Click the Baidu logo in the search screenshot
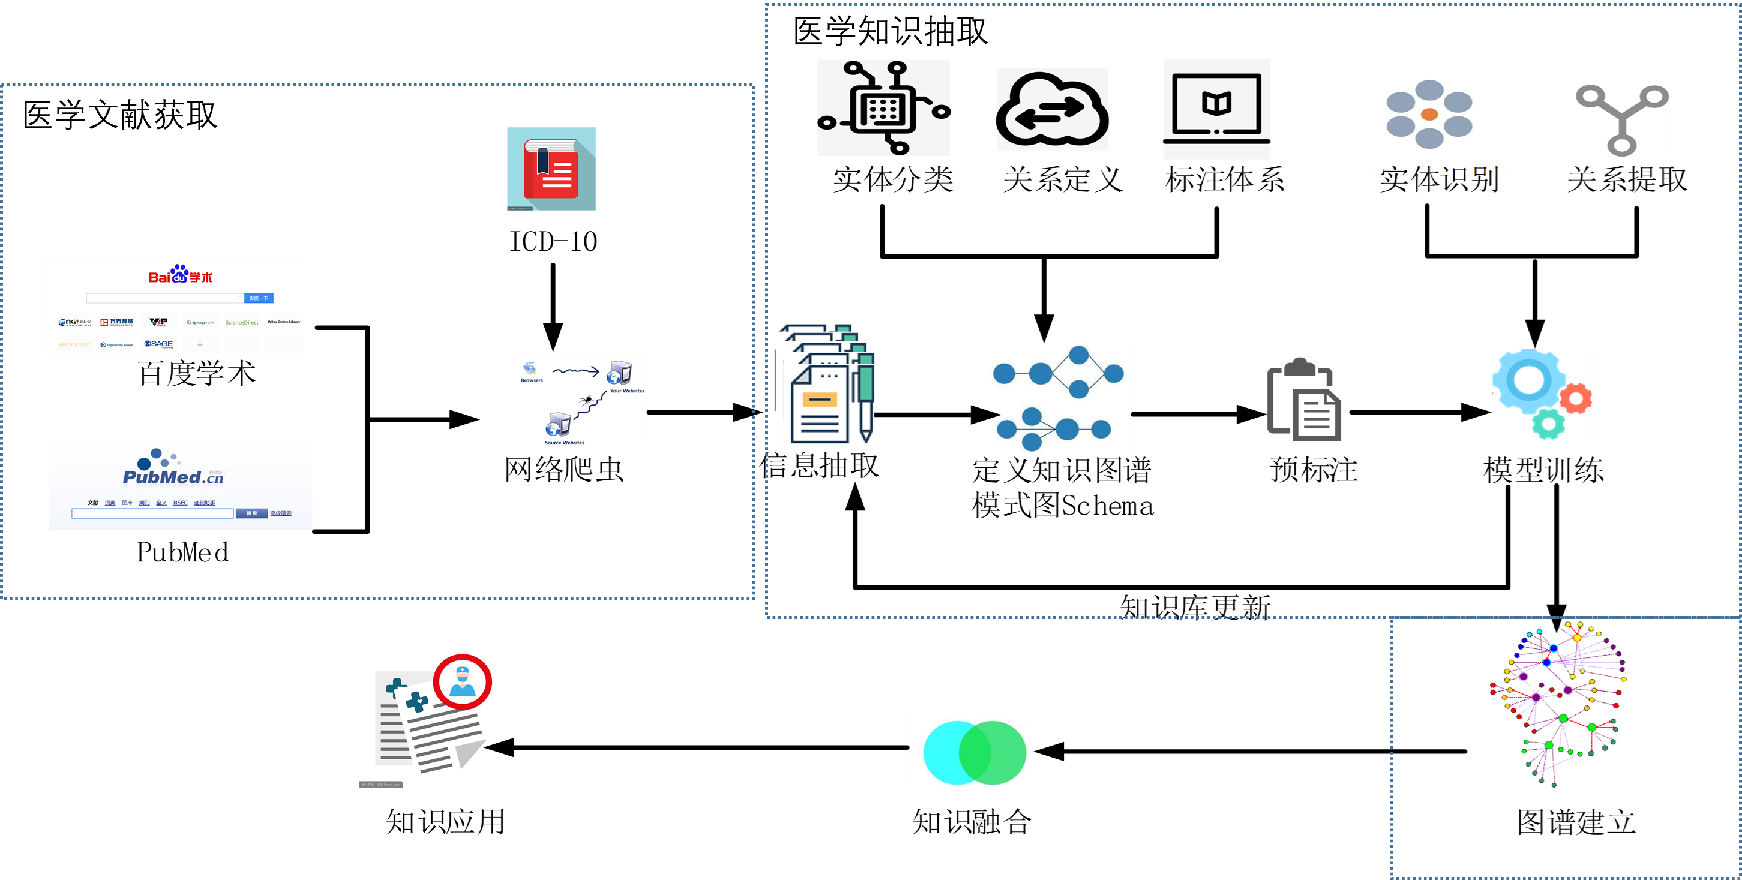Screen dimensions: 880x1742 pos(180,274)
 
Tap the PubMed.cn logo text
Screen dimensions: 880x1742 pos(173,476)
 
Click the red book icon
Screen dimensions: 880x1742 pos(551,169)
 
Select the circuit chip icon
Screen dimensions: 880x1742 pos(884,108)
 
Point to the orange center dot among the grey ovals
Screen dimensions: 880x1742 pos(1429,114)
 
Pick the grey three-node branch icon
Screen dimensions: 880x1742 pos(1621,119)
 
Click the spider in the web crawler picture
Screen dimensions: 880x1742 pos(586,401)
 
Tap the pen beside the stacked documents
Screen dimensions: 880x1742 pos(865,399)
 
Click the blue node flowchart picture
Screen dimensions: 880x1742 pos(1060,400)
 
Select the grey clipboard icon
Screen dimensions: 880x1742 pos(1304,400)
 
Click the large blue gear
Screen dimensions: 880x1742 pos(1528,380)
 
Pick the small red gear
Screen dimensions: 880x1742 pos(1576,398)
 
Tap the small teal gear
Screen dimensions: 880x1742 pos(1548,423)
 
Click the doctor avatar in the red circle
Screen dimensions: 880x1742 pos(463,681)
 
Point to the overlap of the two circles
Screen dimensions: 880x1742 pos(975,752)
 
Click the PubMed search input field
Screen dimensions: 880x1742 pos(153,513)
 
